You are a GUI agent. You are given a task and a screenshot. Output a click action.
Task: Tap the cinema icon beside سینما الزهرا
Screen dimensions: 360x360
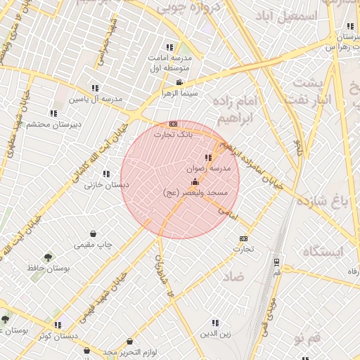[179, 83]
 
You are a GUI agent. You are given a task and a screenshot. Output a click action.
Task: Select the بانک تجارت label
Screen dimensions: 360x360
[173, 134]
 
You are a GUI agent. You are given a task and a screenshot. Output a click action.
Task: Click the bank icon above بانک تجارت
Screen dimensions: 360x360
[173, 124]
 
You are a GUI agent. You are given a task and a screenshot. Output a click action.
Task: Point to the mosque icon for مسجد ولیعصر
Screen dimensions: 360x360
[195, 182]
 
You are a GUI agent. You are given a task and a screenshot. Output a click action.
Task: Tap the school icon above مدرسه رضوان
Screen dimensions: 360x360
[207, 158]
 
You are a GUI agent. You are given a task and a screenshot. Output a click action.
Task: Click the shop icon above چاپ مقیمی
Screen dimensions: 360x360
[93, 234]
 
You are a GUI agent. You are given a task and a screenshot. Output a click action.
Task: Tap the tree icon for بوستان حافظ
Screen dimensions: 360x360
[48, 257]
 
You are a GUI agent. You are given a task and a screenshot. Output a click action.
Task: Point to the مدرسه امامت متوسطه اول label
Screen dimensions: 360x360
[168, 63]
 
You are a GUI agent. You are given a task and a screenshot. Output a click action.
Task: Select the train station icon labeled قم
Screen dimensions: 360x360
[276, 262]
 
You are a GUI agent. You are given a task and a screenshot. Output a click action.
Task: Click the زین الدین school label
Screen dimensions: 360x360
[215, 333]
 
